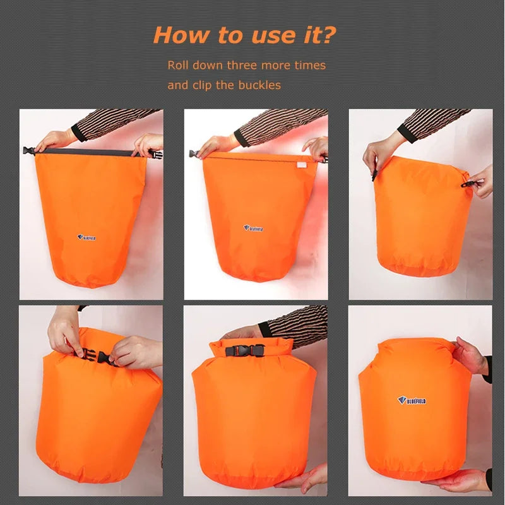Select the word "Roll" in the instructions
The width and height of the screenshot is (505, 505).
178,65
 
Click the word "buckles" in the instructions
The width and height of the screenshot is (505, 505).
259,85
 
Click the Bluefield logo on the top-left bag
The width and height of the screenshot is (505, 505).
86,237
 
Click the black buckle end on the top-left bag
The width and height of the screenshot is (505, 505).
28,151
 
